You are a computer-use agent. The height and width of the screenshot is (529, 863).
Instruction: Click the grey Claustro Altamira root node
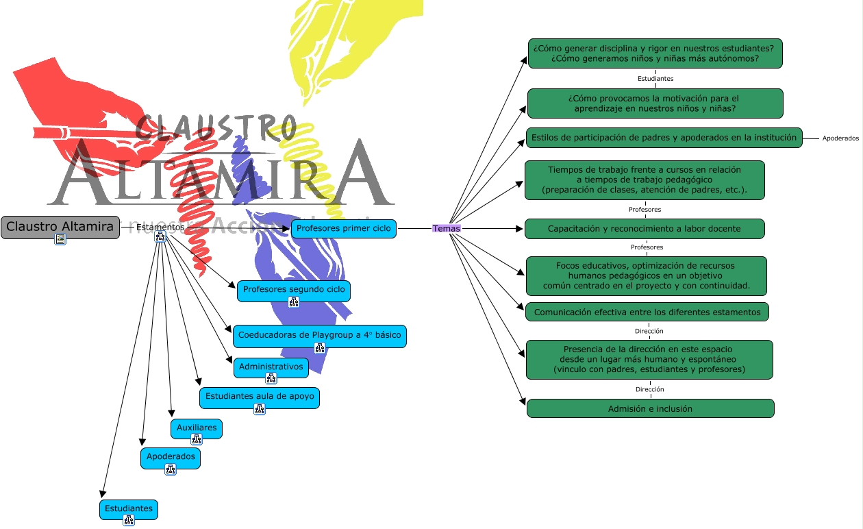60,227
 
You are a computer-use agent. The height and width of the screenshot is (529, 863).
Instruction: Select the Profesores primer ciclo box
344,228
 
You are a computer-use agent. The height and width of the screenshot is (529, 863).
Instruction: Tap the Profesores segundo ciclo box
294,290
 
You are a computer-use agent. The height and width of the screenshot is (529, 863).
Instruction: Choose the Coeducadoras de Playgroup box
319,336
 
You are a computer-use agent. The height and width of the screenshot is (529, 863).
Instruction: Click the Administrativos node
271,367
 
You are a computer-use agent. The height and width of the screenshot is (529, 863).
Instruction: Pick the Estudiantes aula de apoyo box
260,397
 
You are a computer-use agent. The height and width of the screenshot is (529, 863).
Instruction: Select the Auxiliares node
197,428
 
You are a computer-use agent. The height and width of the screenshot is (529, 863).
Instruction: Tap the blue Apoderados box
171,457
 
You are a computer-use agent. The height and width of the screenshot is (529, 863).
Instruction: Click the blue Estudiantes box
129,509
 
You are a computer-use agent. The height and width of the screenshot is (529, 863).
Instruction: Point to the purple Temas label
447,228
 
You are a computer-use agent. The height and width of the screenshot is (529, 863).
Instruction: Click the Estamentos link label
160,227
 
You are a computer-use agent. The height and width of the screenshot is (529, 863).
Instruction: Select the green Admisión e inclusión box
650,409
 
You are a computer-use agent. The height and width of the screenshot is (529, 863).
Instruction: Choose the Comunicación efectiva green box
647,312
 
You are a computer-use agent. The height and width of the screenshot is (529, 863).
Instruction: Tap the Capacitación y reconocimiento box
645,229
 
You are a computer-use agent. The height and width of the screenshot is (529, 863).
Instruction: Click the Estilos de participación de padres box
664,138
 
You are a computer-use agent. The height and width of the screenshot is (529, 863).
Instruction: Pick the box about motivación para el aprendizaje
655,103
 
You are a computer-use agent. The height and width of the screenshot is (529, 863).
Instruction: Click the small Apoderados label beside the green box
840,138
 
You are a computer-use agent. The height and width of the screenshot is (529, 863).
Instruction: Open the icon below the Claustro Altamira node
60,239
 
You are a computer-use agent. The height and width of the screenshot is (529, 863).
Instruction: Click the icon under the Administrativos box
271,378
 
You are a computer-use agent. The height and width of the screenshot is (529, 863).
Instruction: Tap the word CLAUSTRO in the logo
216,128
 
